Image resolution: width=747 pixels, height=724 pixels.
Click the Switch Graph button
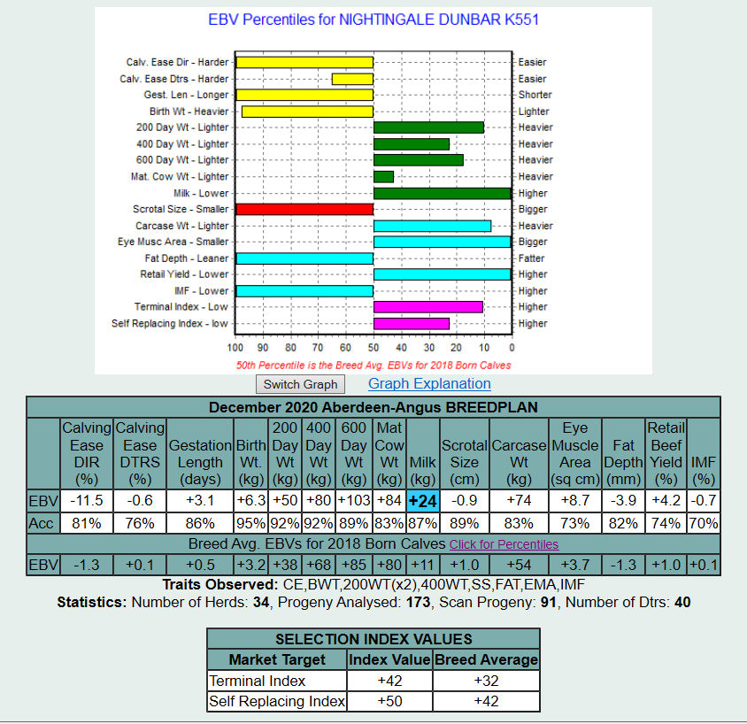pyautogui.click(x=300, y=384)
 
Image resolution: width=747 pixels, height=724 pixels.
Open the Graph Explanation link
pyautogui.click(x=429, y=383)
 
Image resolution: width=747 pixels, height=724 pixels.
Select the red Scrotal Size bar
pyautogui.click(x=304, y=209)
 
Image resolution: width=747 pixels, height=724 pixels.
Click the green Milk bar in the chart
pyautogui.click(x=442, y=193)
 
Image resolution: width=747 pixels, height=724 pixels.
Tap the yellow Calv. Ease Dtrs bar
pyautogui.click(x=352, y=79)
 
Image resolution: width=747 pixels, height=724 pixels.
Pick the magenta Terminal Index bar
pyautogui.click(x=427, y=307)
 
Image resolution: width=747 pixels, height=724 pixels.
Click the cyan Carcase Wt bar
pyautogui.click(x=432, y=226)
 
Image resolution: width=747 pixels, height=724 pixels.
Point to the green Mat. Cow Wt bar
pyautogui.click(x=383, y=177)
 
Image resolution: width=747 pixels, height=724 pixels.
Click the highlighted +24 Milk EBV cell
pyautogui.click(x=422, y=501)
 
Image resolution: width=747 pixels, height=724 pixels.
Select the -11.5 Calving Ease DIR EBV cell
pyautogui.click(x=86, y=501)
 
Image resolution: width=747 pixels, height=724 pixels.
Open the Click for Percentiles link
pyautogui.click(x=504, y=544)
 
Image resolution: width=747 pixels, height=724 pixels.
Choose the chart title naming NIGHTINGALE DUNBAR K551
pyautogui.click(x=373, y=19)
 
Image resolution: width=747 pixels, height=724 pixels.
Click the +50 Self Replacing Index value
pyautogui.click(x=389, y=701)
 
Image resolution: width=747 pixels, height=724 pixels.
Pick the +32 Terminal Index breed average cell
pyautogui.click(x=487, y=681)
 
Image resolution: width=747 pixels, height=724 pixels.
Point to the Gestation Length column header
pyautogui.click(x=200, y=454)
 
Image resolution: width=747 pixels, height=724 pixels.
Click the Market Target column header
pyautogui.click(x=277, y=659)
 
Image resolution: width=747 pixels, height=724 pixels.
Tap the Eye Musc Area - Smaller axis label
pyautogui.click(x=173, y=242)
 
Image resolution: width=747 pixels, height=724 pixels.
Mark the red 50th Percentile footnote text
pyautogui.click(x=373, y=365)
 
